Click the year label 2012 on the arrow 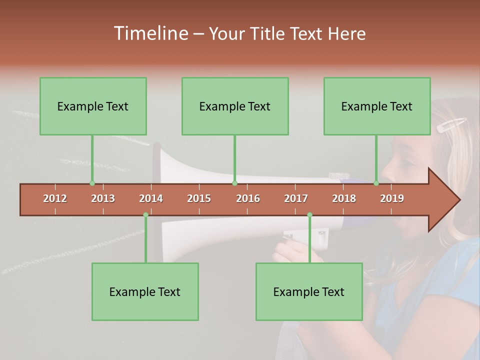pyautogui.click(x=55, y=198)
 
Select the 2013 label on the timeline pyautogui.click(x=103, y=198)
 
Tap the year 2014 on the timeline pyautogui.click(x=151, y=198)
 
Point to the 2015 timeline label pyautogui.click(x=199, y=198)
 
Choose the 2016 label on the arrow pyautogui.click(x=248, y=198)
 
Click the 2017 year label pyautogui.click(x=296, y=198)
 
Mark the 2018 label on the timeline pyautogui.click(x=344, y=198)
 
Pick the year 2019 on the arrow pyautogui.click(x=392, y=198)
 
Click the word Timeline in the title pyautogui.click(x=150, y=33)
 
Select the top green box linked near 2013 pyautogui.click(x=93, y=106)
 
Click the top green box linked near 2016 pyautogui.click(x=235, y=106)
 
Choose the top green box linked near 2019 pyautogui.click(x=377, y=106)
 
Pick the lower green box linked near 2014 pyautogui.click(x=145, y=291)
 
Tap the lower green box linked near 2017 pyautogui.click(x=309, y=291)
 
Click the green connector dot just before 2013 pyautogui.click(x=92, y=183)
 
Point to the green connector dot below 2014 pyautogui.click(x=145, y=214)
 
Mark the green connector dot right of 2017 pyautogui.click(x=309, y=214)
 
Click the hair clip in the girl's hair pyautogui.click(x=451, y=124)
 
